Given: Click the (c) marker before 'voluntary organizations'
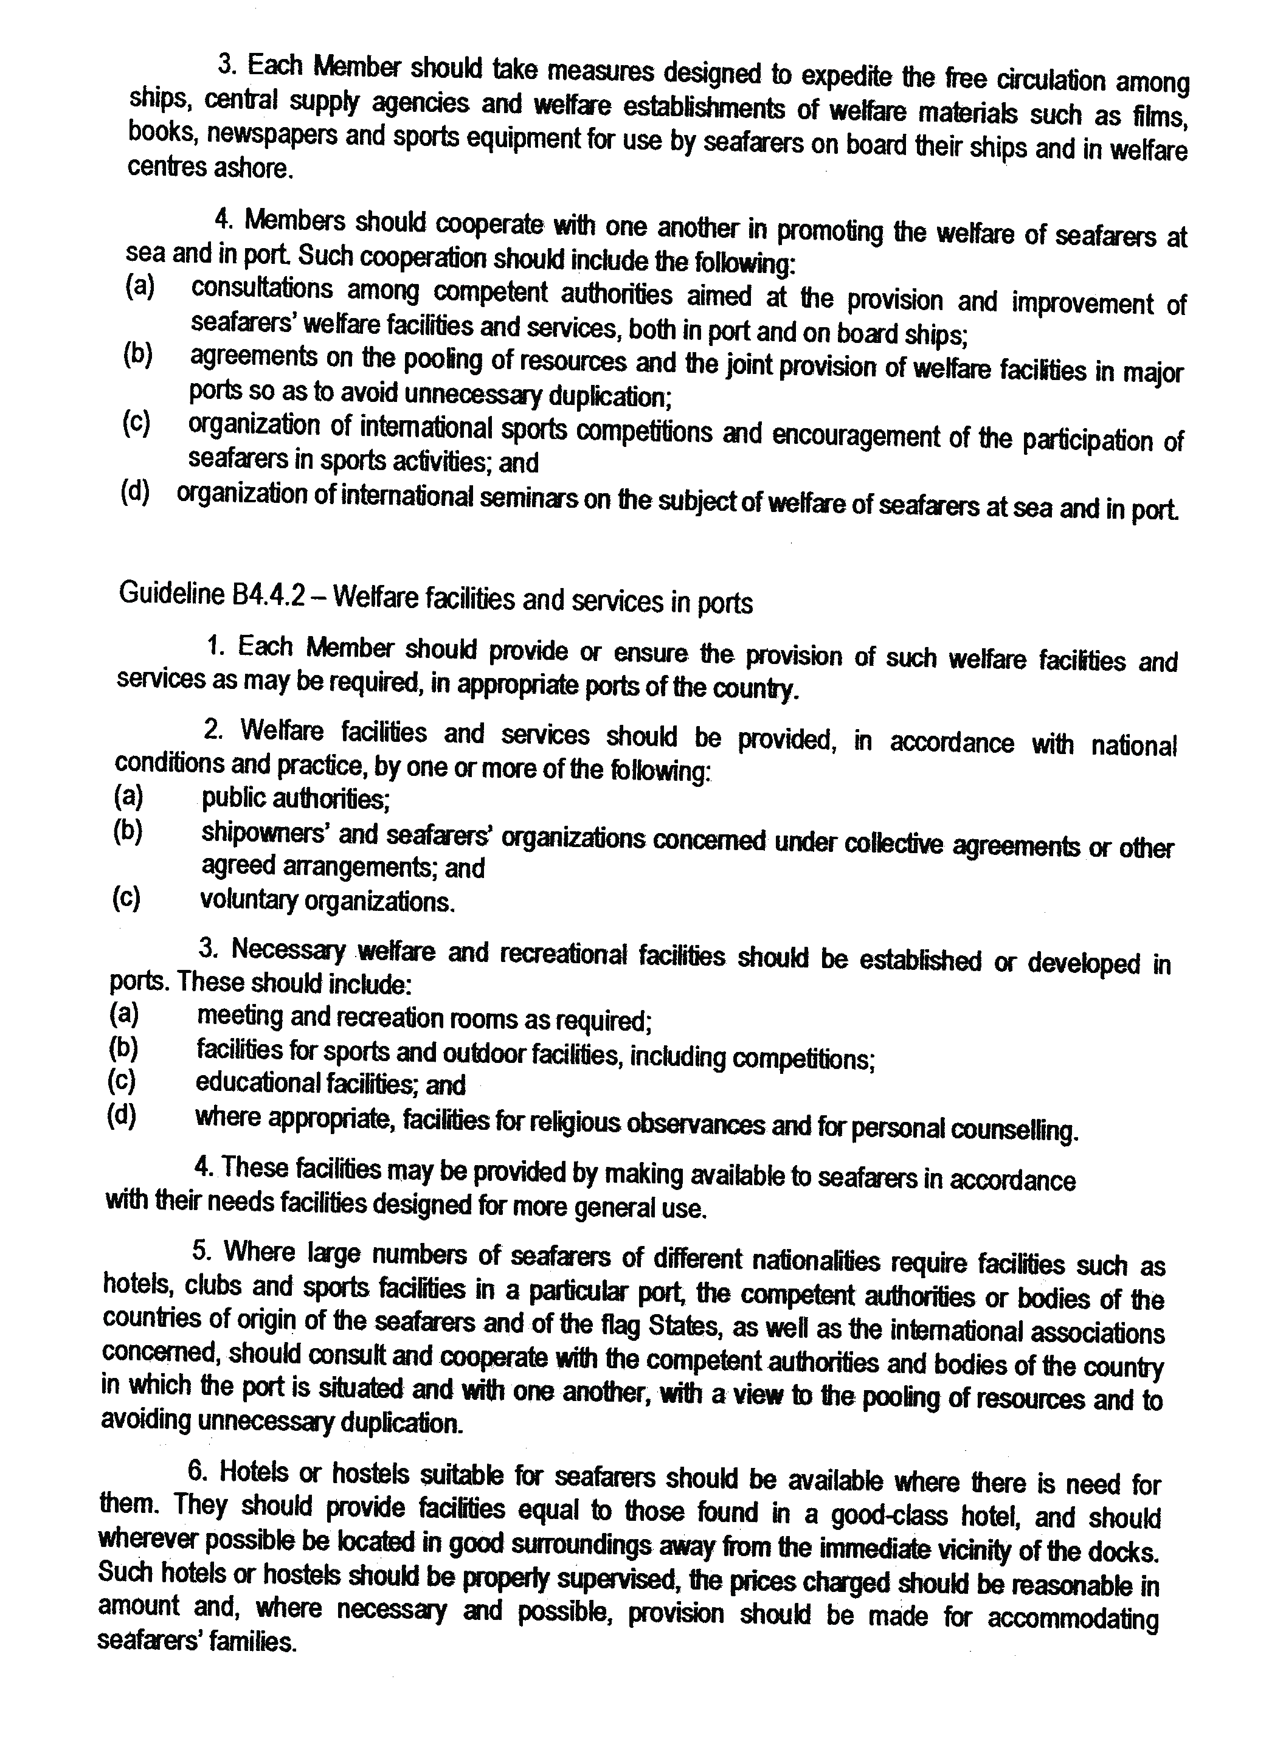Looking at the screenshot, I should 126,898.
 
